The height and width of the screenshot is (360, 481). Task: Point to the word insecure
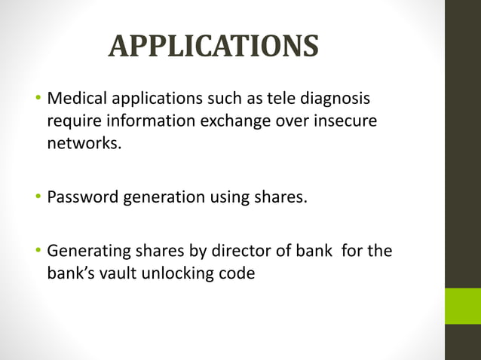[x=345, y=121]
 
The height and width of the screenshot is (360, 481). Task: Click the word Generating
[x=87, y=252]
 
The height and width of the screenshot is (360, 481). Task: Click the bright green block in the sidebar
[x=462, y=306]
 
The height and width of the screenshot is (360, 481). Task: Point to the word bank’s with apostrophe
[x=68, y=273]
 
